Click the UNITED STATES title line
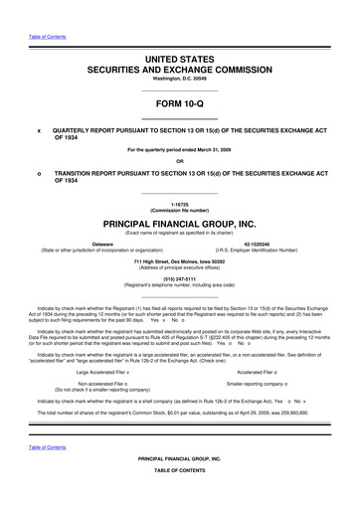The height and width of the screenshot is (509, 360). point(179,61)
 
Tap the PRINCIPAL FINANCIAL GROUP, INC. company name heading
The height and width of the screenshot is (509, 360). point(179,225)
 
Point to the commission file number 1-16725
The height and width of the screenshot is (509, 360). point(179,201)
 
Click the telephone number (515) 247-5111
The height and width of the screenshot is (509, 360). point(179,278)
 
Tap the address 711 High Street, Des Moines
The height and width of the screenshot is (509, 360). point(179,261)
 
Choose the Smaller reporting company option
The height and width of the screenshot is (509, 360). point(262,382)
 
